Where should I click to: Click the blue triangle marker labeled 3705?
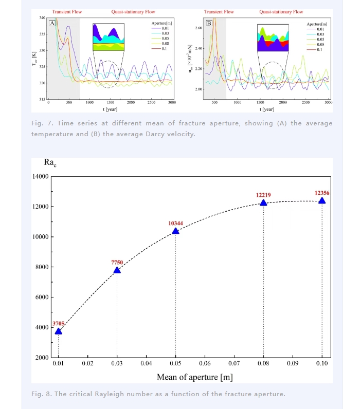(x=59, y=331)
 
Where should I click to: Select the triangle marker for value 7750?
(x=117, y=270)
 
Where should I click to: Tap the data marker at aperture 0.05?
(x=175, y=231)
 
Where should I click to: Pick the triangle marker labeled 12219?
(x=263, y=202)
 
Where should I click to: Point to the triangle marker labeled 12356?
(x=322, y=200)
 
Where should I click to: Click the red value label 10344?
(x=175, y=224)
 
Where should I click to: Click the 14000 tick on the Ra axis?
(x=41, y=177)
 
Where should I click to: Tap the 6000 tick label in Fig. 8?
(x=41, y=298)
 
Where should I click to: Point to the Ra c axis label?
(x=50, y=162)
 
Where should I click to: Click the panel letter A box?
(x=52, y=23)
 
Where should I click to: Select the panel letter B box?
(x=209, y=23)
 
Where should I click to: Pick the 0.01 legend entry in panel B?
(x=320, y=29)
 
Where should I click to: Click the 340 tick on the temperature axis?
(x=42, y=18)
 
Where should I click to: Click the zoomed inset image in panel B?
(x=273, y=39)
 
